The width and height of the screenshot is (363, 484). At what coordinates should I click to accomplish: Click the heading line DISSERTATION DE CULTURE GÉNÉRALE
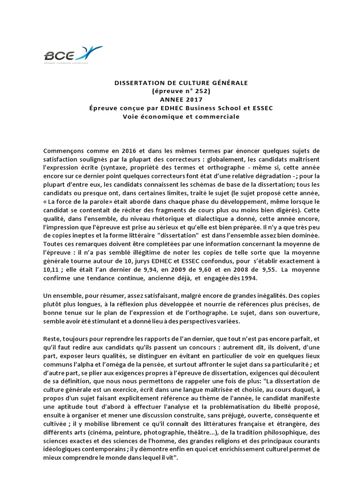coord(181,83)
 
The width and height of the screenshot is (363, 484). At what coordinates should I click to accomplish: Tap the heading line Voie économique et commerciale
coord(181,117)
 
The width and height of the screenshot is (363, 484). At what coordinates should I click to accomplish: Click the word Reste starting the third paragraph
coord(51,338)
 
